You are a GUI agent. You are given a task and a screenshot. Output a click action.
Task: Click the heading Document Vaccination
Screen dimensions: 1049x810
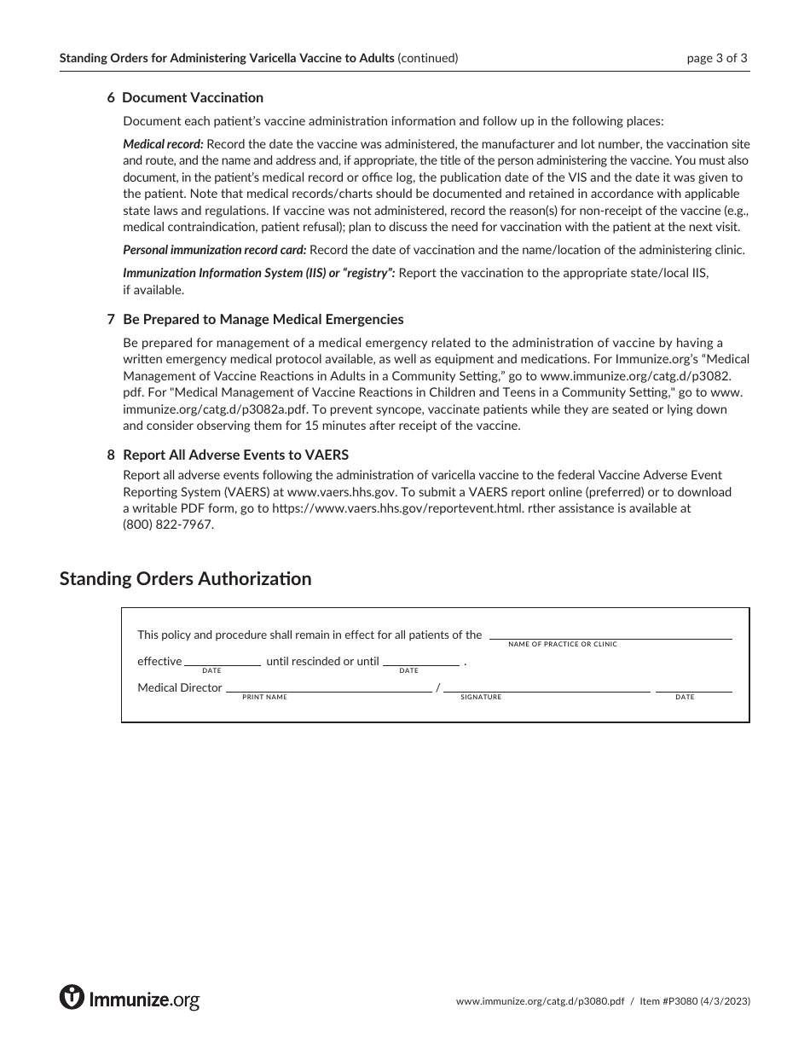click(x=193, y=98)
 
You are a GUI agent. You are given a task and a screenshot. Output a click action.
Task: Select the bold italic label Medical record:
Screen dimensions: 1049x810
click(x=163, y=144)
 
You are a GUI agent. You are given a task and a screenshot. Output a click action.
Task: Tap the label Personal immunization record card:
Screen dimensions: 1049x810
click(x=215, y=250)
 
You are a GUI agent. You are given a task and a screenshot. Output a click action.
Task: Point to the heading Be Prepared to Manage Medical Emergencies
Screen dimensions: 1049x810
click(x=263, y=320)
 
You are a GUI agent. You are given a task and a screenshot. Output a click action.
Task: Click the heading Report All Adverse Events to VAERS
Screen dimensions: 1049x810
click(x=235, y=455)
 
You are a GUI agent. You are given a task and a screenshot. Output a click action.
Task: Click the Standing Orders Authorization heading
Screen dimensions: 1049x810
click(x=185, y=579)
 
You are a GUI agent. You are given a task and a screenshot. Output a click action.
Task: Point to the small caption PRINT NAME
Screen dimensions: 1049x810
click(x=264, y=698)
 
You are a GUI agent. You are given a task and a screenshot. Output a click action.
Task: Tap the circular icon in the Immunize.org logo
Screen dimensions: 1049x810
click(x=72, y=996)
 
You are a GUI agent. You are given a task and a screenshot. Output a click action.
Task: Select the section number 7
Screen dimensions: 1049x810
click(x=111, y=320)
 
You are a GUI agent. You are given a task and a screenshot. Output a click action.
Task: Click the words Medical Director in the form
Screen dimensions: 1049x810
click(x=180, y=688)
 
